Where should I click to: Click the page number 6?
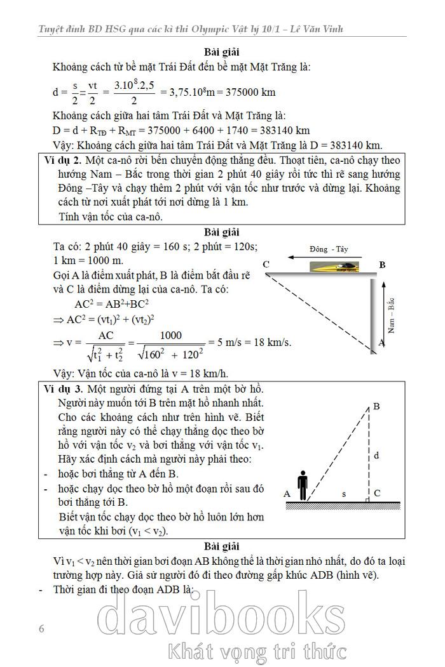(x=41, y=629)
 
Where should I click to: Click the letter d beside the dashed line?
(x=377, y=455)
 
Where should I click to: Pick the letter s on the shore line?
(x=344, y=493)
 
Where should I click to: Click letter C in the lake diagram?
(x=377, y=493)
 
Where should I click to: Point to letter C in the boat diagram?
(x=266, y=264)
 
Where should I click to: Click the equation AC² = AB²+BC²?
(x=112, y=303)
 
